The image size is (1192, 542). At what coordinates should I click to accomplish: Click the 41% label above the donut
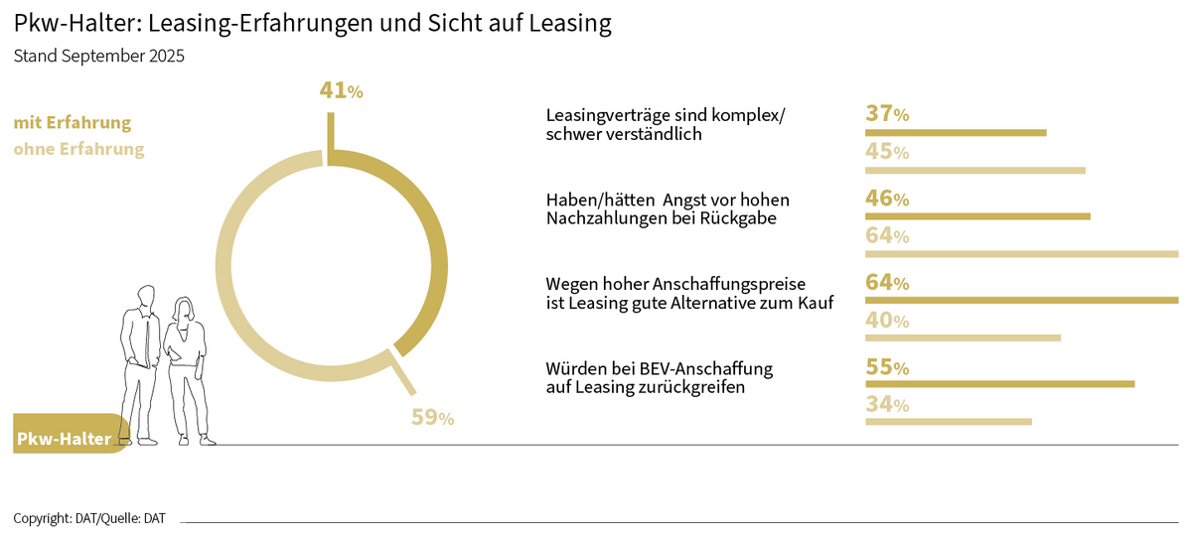(341, 91)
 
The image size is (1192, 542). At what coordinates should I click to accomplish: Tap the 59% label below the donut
(432, 418)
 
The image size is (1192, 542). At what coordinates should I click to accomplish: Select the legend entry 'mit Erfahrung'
(73, 123)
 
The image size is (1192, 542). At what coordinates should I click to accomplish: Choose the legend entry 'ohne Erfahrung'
(78, 150)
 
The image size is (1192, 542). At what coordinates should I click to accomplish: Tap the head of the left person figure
(146, 297)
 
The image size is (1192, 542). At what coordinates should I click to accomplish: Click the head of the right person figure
(184, 308)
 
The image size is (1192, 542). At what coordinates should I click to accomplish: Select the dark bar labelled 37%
(956, 132)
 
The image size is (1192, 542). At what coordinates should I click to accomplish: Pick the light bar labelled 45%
(975, 171)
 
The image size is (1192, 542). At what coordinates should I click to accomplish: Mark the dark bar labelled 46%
(977, 216)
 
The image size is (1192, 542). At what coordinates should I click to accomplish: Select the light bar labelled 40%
(963, 339)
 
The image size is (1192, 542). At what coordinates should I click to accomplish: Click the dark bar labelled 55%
(999, 383)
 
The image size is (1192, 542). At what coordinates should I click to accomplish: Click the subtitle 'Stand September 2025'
(98, 57)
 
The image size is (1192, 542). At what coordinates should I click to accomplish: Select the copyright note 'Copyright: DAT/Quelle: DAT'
(89, 518)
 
